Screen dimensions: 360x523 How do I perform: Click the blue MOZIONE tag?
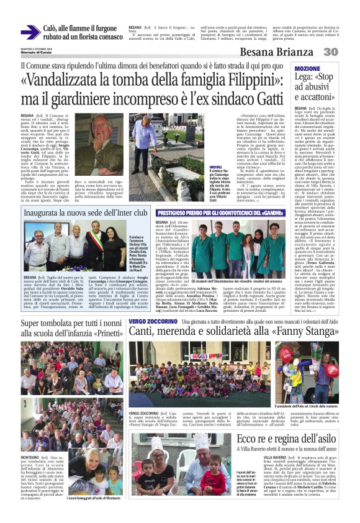pyautogui.click(x=308, y=68)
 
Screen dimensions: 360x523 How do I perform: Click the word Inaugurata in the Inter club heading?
pyautogui.click(x=44, y=213)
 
